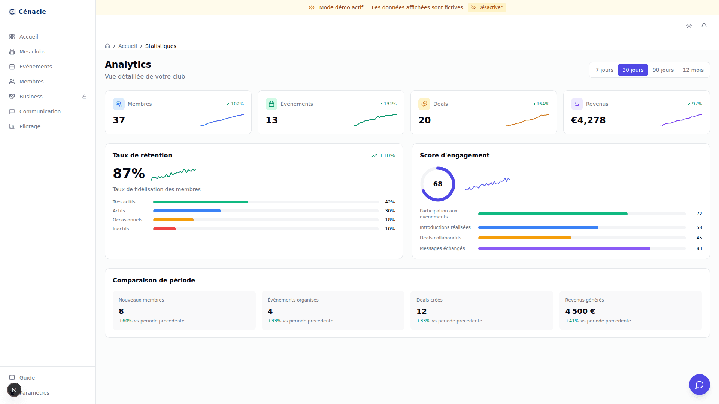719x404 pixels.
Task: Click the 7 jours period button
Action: pos(604,70)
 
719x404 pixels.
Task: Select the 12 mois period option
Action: pos(693,70)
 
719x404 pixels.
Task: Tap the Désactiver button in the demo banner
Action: pos(487,7)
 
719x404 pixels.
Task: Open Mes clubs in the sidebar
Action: pos(32,52)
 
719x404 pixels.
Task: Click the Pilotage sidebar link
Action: pos(30,126)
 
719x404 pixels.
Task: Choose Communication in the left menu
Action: pos(40,111)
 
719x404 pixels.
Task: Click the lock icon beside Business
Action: pos(84,97)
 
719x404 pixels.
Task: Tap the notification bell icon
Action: pos(704,26)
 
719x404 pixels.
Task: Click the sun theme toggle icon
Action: pos(689,26)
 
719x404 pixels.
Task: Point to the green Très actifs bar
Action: pos(200,202)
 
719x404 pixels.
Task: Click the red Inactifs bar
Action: pos(164,229)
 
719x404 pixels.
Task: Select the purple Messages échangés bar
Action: pos(564,248)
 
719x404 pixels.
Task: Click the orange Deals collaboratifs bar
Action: pos(525,238)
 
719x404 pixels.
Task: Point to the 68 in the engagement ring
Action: pos(438,184)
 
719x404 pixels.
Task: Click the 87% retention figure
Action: pos(129,174)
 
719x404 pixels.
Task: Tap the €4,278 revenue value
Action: pos(588,120)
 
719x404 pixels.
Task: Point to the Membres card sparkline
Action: pos(221,120)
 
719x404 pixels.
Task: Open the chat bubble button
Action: pos(699,385)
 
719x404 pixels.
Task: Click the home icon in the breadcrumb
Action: pos(107,46)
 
